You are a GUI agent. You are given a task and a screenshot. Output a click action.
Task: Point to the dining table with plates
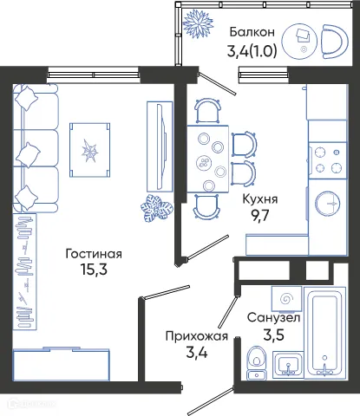coord(207,156)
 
